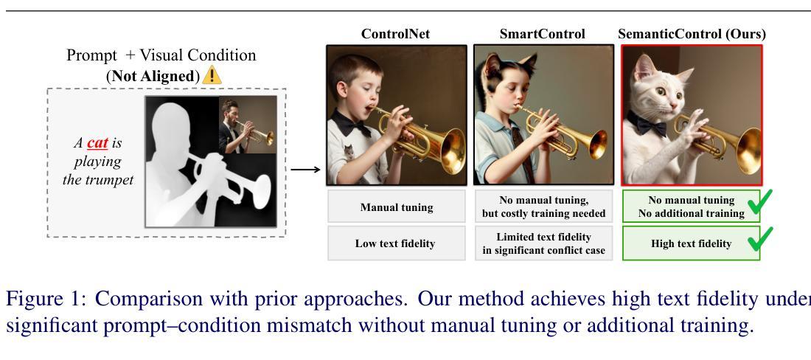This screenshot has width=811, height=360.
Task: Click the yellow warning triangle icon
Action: [212, 75]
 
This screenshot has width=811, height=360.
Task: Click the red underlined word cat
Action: [97, 142]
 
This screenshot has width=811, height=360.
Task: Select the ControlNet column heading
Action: [395, 34]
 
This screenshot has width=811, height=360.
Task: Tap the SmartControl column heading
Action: [542, 34]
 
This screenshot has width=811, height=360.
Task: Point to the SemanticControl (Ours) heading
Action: [692, 34]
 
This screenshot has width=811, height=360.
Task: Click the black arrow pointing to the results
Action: [305, 169]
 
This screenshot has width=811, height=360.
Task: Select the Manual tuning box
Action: [397, 207]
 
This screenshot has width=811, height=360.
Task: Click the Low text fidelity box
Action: [397, 243]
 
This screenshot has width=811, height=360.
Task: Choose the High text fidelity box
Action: [691, 243]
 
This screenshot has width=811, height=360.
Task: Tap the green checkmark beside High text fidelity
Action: [759, 239]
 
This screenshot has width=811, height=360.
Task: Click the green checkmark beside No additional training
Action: [759, 201]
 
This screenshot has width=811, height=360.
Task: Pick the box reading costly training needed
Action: [543, 207]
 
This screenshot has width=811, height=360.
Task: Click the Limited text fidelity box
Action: [543, 243]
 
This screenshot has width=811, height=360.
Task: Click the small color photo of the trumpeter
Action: [247, 125]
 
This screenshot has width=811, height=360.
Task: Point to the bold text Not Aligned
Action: [153, 76]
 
